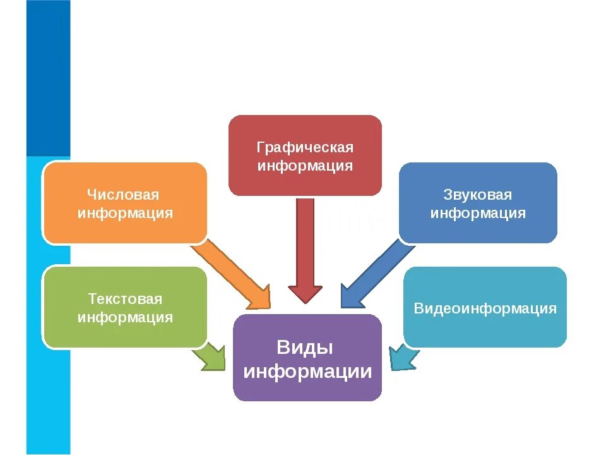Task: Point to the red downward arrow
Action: point(305,253)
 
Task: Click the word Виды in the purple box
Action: point(304,348)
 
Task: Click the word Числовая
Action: point(124,195)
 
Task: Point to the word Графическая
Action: point(305,148)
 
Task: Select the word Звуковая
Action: point(478,195)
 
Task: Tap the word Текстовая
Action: point(124,299)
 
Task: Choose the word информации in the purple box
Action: point(307,372)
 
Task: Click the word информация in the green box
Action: point(124,317)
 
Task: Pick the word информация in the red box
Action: point(305,166)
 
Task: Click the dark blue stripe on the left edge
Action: point(48,76)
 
